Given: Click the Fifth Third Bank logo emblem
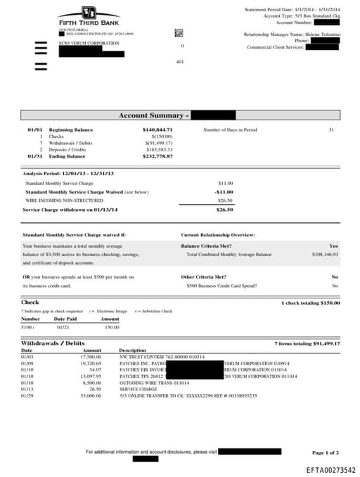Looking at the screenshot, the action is tap(89, 12).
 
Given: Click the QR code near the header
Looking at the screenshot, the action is tap(179, 32).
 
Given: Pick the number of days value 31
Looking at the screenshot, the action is tap(331, 130).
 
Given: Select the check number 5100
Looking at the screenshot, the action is tap(27, 326).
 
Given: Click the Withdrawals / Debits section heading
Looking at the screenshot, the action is tap(53, 343).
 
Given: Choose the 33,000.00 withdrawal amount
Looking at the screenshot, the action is tap(92, 395).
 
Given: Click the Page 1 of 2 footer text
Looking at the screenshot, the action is tap(325, 452).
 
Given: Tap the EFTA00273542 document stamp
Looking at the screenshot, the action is tap(330, 470).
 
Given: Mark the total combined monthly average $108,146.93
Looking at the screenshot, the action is tap(323, 255).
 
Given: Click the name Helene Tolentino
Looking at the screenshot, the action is tap(323, 34).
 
